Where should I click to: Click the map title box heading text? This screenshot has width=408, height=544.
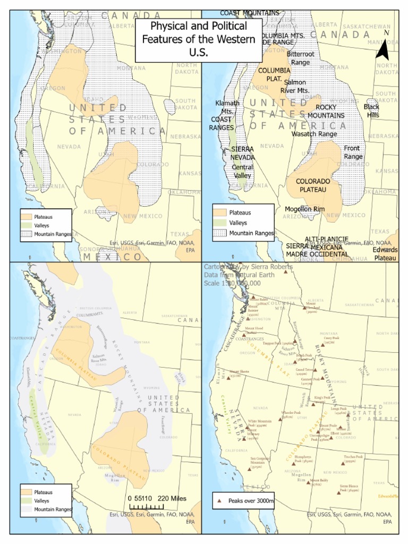pos(199,39)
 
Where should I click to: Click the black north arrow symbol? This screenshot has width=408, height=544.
pos(383,48)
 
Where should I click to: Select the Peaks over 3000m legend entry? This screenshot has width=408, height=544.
pos(244,500)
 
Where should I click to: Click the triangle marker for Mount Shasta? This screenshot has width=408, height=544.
pos(225,374)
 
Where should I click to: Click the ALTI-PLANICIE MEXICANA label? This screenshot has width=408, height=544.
pos(326,243)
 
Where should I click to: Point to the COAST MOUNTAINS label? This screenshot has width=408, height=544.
pos(249,13)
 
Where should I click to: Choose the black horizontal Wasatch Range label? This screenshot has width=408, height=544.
pos(313,134)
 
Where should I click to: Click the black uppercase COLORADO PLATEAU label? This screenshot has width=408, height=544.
pos(313,185)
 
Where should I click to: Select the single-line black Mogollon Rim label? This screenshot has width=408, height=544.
pos(304,209)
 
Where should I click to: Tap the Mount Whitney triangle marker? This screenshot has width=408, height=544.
pos(244,439)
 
